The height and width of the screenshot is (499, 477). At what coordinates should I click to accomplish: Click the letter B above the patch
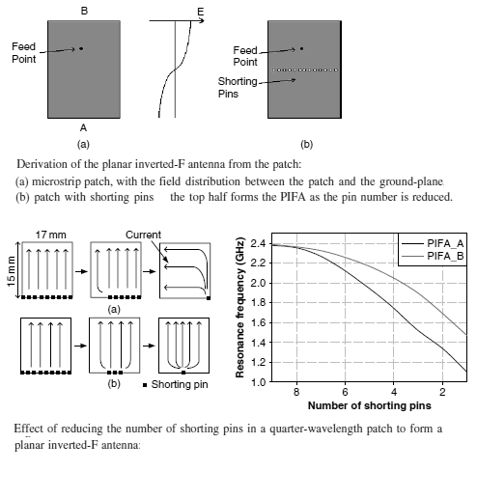coord(84,11)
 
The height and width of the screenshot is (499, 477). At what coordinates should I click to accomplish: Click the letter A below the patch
coord(83,128)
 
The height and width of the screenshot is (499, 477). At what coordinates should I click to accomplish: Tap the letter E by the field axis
coord(201,13)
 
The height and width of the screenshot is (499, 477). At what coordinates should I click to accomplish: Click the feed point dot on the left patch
coord(81,48)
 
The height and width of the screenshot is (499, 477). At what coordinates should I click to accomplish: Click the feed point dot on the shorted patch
coord(301,48)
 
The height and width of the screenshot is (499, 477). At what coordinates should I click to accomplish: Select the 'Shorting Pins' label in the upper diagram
coord(238,88)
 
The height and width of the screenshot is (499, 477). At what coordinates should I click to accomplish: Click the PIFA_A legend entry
coord(445,243)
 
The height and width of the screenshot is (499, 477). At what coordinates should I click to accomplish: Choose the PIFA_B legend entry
coord(445,256)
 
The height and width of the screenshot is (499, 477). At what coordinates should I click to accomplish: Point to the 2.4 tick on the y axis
coord(258,243)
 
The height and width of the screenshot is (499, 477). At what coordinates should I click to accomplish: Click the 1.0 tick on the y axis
coord(258,382)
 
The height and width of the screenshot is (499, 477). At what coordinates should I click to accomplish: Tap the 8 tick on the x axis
coord(296,392)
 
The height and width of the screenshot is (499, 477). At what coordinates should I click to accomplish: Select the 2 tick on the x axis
coord(442,392)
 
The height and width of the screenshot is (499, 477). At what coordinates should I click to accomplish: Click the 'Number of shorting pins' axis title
coord(370,405)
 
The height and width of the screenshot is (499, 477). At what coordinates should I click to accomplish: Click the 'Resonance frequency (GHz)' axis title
coord(240,307)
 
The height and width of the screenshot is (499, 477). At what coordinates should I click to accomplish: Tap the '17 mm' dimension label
coord(51,235)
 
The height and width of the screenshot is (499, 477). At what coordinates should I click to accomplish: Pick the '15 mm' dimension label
coord(11,271)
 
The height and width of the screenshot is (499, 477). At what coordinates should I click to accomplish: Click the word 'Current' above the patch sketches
coord(143,235)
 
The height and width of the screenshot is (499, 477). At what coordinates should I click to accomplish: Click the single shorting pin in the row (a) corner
coord(209,298)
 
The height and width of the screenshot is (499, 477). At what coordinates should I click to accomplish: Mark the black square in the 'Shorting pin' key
coord(145,385)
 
